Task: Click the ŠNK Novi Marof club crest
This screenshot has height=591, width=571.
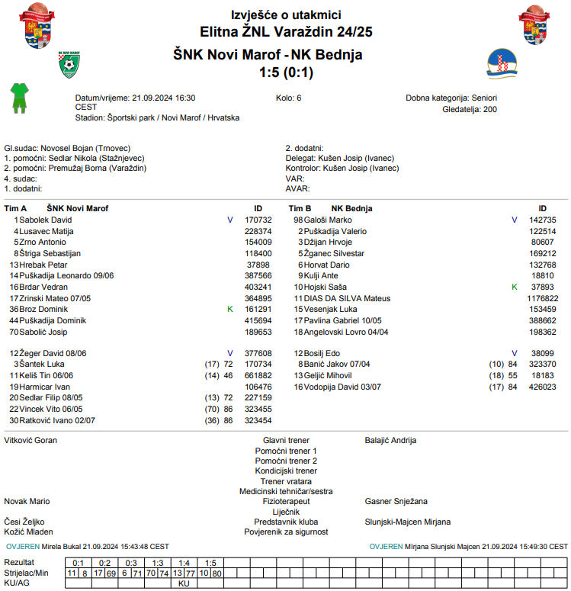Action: click(70, 66)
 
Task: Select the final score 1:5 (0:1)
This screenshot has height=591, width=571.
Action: click(286, 73)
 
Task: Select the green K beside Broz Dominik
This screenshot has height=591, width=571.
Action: click(229, 310)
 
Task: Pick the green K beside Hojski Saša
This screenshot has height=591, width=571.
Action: click(514, 287)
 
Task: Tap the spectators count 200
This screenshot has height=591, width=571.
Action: click(490, 110)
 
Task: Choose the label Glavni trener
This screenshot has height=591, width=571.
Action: click(286, 440)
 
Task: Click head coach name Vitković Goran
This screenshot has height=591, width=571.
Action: click(31, 440)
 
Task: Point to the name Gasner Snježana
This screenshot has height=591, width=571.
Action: click(396, 502)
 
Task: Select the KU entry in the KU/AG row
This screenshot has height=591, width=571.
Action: click(184, 583)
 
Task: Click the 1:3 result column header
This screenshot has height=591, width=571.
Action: click(157, 563)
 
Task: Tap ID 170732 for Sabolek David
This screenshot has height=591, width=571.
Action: click(258, 220)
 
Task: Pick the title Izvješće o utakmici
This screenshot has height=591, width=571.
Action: click(286, 15)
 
